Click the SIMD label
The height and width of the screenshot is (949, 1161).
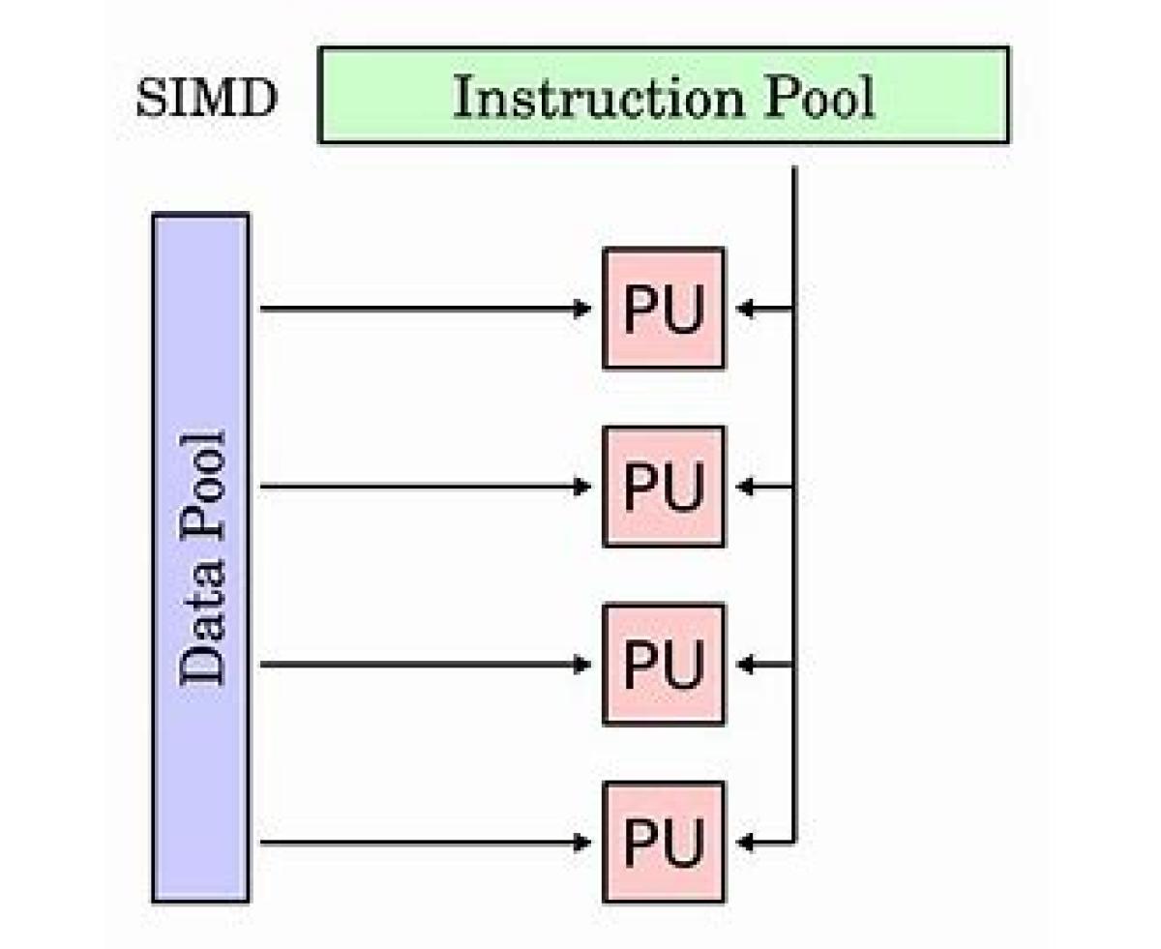coord(206,99)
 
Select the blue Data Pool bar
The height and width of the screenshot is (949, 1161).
coord(200,557)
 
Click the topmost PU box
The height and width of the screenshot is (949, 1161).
coord(663,309)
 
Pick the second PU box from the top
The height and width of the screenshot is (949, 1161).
coord(663,487)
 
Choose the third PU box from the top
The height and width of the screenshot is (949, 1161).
coord(663,665)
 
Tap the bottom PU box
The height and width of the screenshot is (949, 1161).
coord(663,843)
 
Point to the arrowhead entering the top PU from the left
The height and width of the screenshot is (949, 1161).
coord(582,309)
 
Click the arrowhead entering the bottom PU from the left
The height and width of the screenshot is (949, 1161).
coord(582,843)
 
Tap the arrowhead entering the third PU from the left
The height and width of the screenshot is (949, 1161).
coord(582,665)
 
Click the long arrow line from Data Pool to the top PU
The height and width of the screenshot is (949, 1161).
coord(416,309)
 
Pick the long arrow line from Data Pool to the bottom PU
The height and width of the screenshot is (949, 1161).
coord(416,843)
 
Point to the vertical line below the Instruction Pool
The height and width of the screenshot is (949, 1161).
coord(794,232)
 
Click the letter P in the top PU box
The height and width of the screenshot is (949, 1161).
coord(640,309)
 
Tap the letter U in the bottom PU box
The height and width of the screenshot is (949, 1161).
coord(683,843)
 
